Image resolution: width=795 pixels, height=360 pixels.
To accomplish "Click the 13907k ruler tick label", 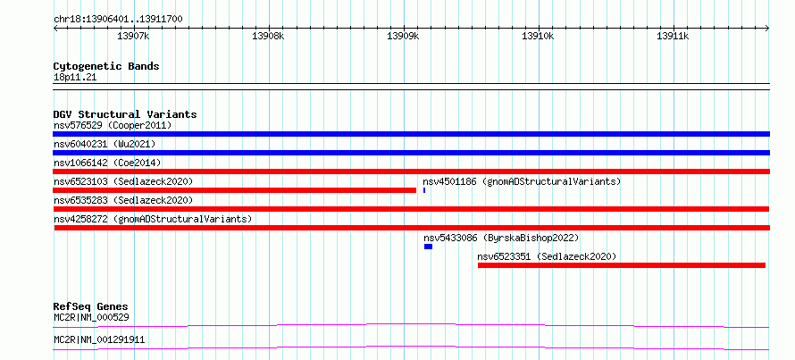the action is click(133, 36).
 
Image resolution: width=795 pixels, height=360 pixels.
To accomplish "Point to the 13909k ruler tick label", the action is click(403, 36).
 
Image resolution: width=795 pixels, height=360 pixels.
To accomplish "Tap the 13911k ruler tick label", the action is click(673, 36).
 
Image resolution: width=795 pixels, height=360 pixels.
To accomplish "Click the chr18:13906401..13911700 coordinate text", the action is click(118, 20).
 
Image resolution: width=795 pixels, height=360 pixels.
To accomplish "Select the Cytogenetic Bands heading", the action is click(106, 66).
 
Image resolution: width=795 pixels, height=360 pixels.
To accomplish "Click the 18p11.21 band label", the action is click(74, 78).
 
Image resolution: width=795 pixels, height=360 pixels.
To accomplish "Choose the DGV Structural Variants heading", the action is click(125, 114).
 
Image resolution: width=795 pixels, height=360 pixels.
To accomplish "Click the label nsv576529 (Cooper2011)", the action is click(113, 125).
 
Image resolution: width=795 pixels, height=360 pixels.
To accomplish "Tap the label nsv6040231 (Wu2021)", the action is click(105, 144).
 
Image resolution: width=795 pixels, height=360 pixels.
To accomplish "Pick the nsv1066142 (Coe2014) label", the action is click(107, 163).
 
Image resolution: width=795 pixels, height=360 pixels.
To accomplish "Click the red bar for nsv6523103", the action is click(234, 190).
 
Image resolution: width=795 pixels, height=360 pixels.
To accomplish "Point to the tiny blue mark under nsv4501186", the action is click(424, 190).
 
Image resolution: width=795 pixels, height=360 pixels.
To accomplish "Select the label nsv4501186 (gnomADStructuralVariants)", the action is click(522, 181).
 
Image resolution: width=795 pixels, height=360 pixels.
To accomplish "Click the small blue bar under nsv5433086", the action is click(429, 247).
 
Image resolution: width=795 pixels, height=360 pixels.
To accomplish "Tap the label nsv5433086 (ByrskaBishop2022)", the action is click(501, 238).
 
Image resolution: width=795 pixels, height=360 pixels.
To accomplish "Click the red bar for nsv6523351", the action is click(622, 265).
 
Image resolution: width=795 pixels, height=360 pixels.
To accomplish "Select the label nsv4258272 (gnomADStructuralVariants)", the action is click(153, 219).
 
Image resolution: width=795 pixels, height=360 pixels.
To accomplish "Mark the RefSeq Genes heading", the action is click(91, 306).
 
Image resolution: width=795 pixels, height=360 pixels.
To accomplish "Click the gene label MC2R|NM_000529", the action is click(91, 318).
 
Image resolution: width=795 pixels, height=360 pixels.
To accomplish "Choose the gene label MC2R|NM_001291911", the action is click(99, 339).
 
